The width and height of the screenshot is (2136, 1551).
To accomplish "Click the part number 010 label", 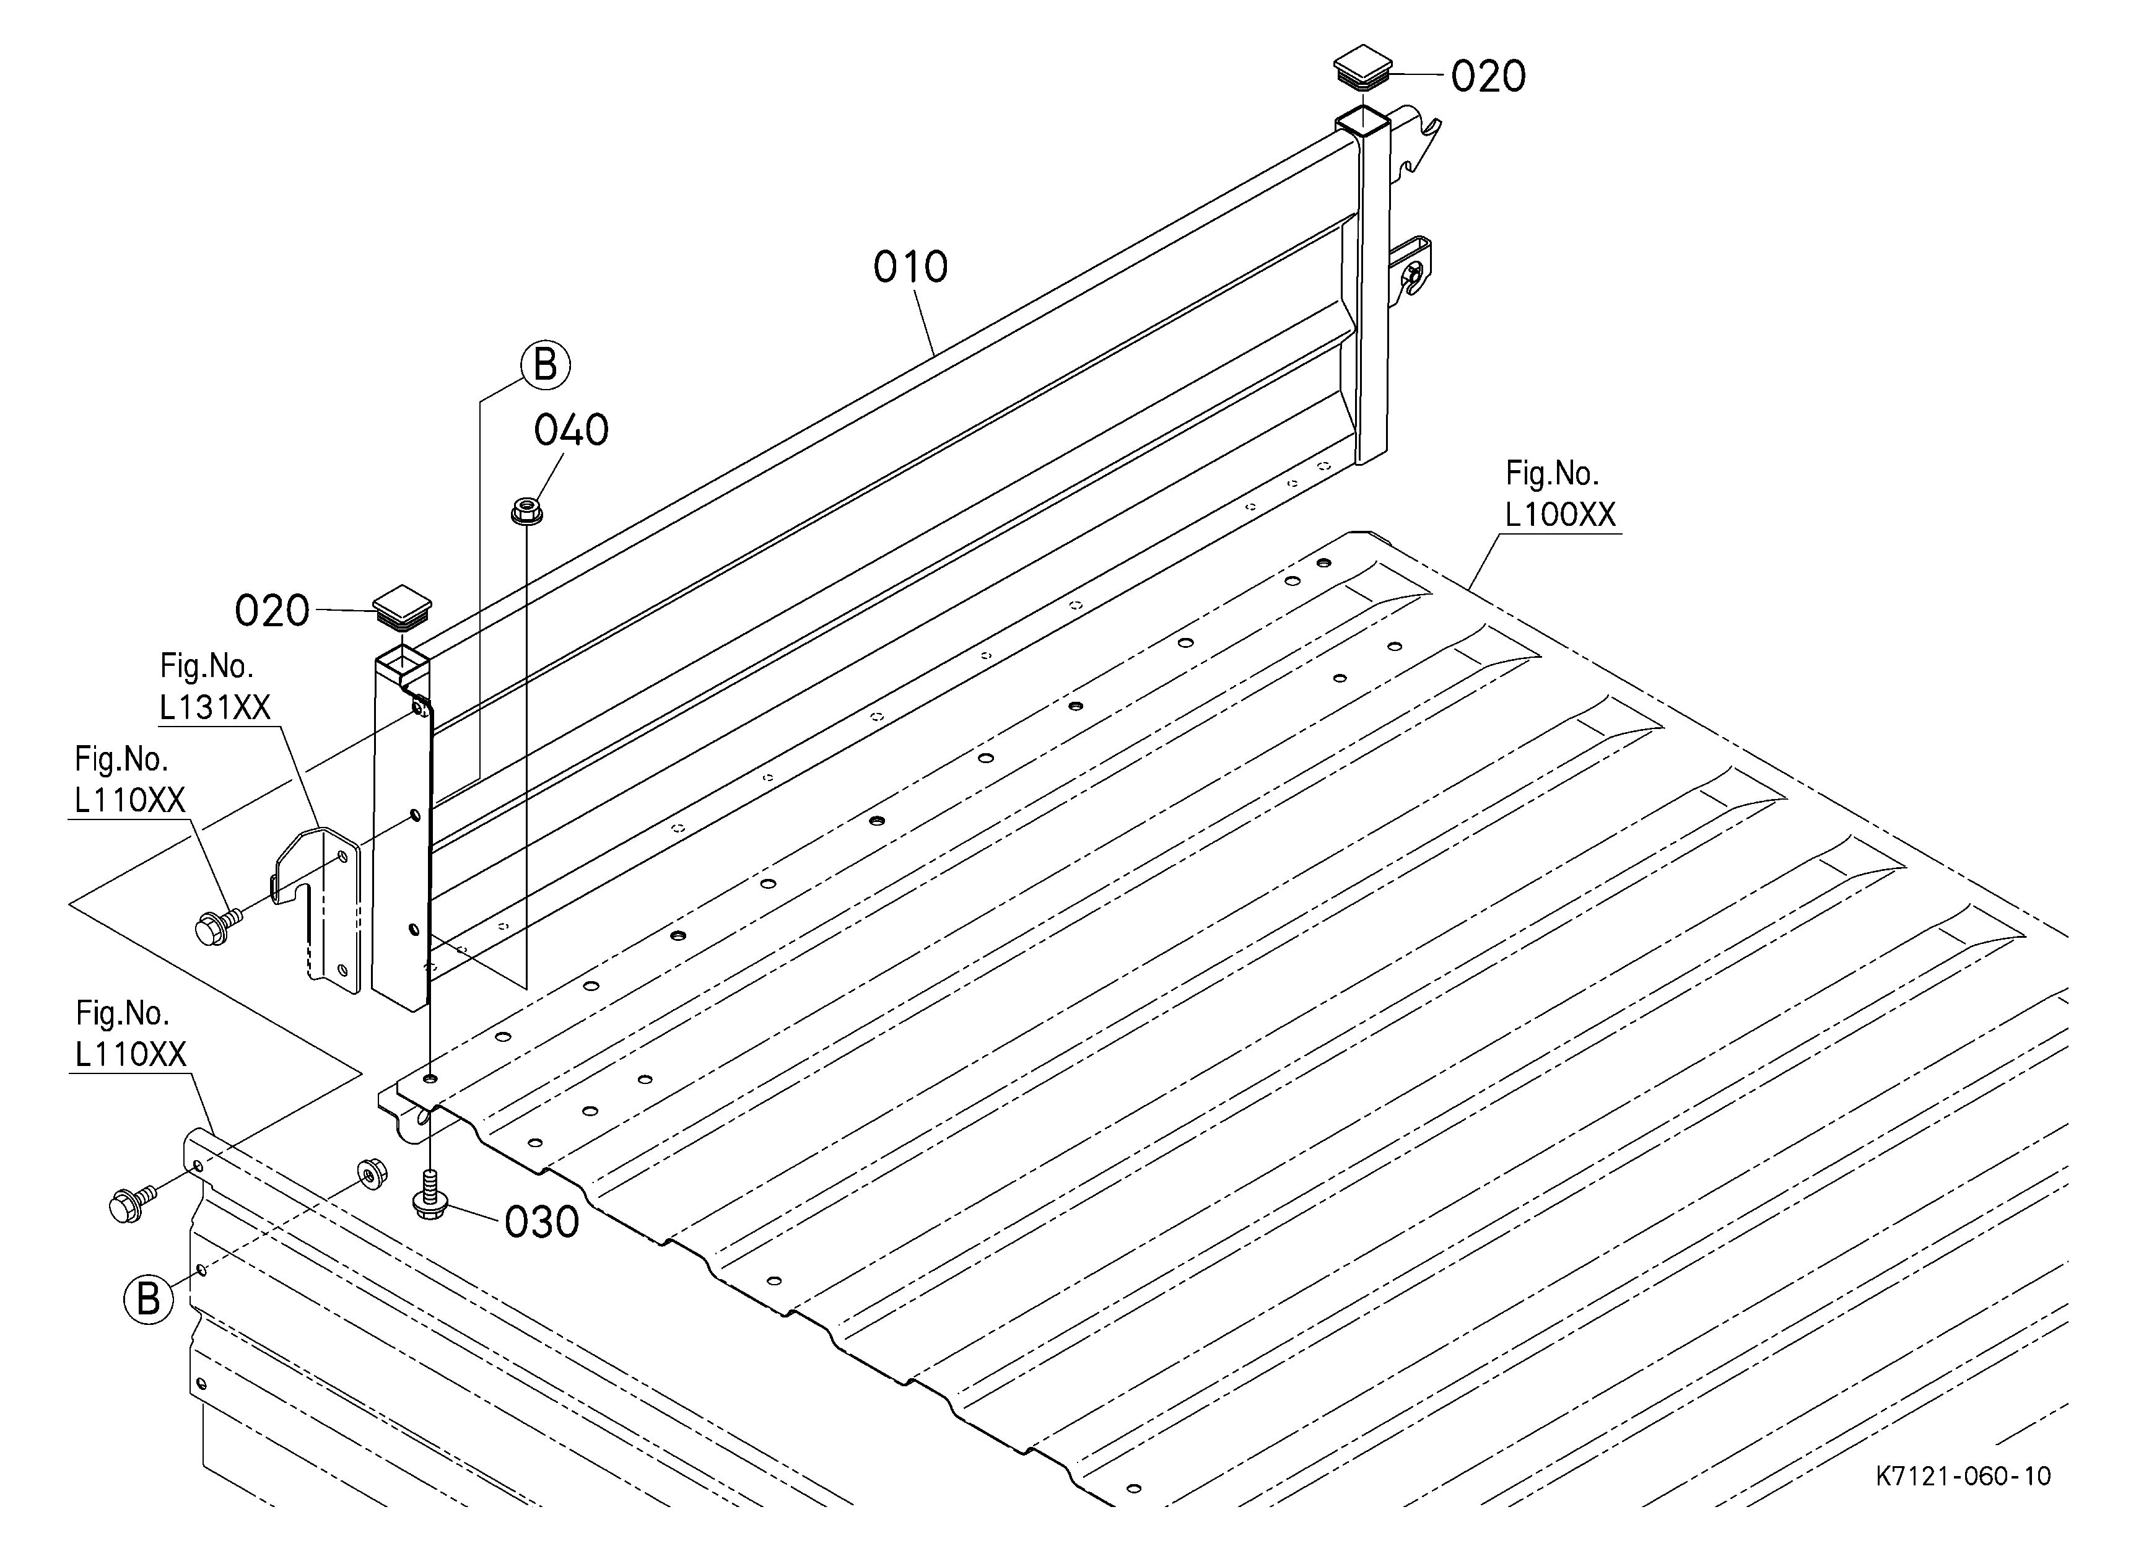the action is (x=910, y=268).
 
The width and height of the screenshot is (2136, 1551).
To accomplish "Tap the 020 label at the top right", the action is (x=1488, y=76).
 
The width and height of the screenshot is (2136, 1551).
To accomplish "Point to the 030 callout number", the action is (x=541, y=1222).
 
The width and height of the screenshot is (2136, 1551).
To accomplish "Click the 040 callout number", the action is (x=571, y=430).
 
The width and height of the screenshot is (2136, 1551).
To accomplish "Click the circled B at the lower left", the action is (x=149, y=1299).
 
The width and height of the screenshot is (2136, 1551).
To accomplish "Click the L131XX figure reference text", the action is (x=215, y=707).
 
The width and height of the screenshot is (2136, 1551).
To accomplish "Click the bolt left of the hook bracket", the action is (x=216, y=925).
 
